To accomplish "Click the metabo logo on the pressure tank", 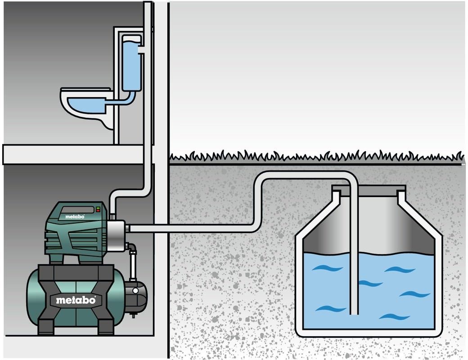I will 76,299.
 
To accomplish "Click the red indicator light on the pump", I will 98,208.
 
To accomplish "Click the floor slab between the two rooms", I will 76,154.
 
